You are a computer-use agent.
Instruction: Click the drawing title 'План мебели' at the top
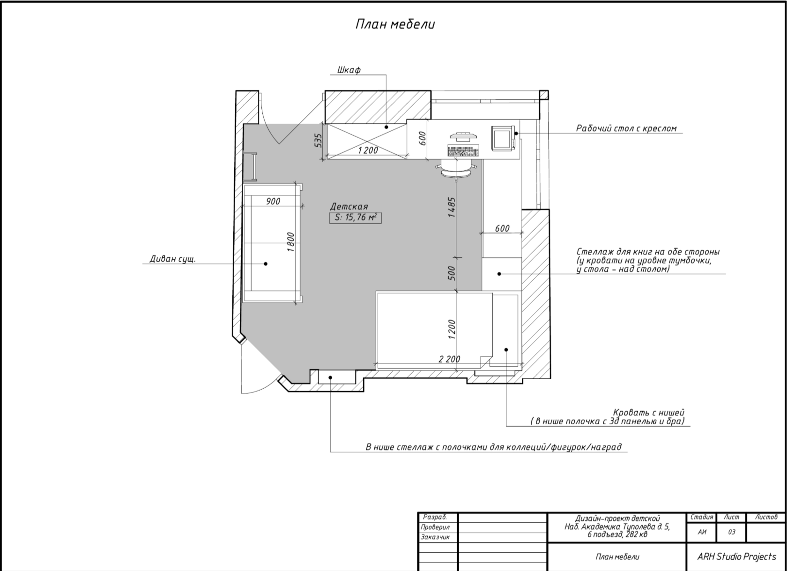click(395, 24)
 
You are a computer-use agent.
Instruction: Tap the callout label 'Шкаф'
click(349, 70)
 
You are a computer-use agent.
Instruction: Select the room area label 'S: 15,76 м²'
click(355, 218)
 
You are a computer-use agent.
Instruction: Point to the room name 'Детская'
click(349, 207)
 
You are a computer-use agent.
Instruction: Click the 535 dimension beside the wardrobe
click(318, 141)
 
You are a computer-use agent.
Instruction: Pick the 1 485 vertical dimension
click(452, 207)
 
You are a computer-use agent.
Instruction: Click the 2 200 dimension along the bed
click(449, 359)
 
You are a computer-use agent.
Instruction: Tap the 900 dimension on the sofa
click(273, 202)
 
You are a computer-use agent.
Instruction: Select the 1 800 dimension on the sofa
click(290, 242)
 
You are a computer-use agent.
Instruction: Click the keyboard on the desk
click(463, 150)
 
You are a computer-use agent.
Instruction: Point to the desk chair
click(456, 170)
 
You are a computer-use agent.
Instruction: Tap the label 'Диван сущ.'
click(172, 259)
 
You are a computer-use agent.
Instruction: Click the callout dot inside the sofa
click(266, 263)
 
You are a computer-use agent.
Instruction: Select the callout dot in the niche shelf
click(330, 378)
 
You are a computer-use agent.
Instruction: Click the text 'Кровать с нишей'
click(648, 413)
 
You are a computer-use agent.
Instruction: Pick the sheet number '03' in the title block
click(732, 532)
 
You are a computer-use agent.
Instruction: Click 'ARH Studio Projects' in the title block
click(737, 556)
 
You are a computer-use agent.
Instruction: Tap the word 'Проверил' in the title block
click(435, 527)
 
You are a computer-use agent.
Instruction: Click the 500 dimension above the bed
click(452, 273)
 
